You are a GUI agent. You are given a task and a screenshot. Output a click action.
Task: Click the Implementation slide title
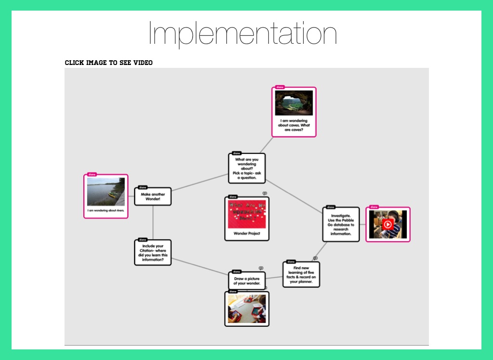pos(242,33)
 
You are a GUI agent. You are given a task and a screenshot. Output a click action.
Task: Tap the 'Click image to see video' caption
pos(108,63)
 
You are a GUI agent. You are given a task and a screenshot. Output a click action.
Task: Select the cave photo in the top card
pos(294,103)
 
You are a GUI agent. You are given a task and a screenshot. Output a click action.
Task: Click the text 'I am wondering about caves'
pos(294,125)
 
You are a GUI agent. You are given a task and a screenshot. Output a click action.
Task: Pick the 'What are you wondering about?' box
pos(246,168)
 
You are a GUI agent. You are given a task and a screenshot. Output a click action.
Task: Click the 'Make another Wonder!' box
pos(153,197)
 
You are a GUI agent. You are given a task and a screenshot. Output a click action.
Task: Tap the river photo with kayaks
pos(106,192)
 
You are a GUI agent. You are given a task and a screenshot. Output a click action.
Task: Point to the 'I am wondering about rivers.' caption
pos(106,211)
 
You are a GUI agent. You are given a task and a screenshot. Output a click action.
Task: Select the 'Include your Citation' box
pos(153,253)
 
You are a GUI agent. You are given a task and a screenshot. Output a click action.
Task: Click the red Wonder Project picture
pos(247,214)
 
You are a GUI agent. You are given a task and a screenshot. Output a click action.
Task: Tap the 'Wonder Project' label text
pos(247,234)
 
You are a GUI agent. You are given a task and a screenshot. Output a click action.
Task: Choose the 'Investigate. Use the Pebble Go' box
pos(341,225)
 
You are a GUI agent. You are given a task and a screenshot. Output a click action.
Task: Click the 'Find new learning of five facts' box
pos(301,275)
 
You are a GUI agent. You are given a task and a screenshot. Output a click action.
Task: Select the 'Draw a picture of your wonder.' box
pos(247,281)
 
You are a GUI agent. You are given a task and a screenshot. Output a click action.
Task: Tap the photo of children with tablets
pos(247,309)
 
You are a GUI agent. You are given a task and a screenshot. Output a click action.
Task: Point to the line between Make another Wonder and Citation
pos(153,223)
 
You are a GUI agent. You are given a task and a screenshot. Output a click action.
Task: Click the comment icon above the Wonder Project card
pos(265,193)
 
